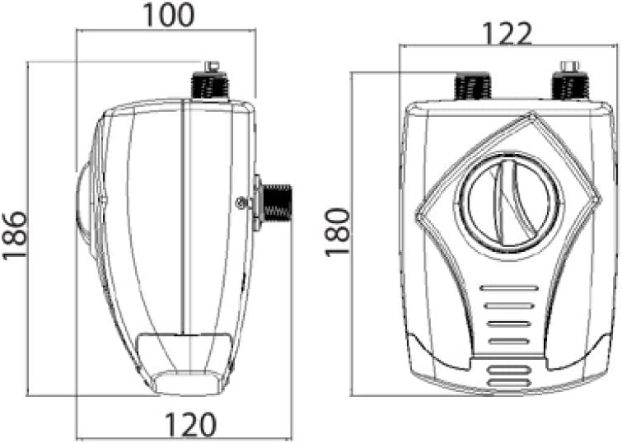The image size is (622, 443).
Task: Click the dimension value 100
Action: (x=168, y=15)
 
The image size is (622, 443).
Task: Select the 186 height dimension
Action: (x=15, y=235)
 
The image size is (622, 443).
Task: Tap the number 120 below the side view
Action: (x=190, y=424)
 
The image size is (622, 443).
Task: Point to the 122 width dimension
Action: (x=507, y=34)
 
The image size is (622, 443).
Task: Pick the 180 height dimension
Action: (x=338, y=232)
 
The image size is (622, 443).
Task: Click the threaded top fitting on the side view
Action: (x=210, y=85)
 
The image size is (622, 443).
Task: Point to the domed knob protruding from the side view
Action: (x=85, y=209)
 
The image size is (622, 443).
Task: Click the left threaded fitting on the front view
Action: (x=472, y=86)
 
